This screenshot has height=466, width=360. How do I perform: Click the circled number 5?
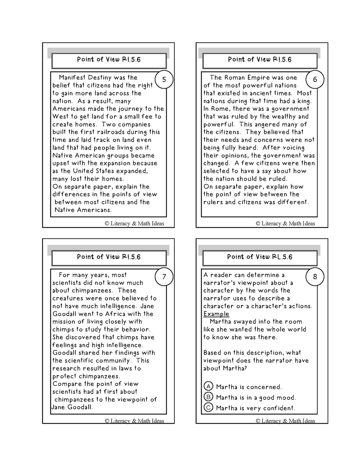164,79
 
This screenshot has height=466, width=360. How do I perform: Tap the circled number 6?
315,79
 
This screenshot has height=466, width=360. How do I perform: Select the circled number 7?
164,277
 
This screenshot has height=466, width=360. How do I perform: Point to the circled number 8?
315,277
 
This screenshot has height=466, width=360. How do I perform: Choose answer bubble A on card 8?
208,386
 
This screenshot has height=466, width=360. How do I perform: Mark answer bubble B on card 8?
208,397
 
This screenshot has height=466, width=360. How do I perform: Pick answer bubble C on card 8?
208,408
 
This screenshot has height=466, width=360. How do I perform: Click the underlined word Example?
216,314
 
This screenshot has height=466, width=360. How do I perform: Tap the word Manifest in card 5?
72,78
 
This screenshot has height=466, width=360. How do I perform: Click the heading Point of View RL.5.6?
260,257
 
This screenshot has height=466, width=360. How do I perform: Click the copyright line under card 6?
285,224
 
